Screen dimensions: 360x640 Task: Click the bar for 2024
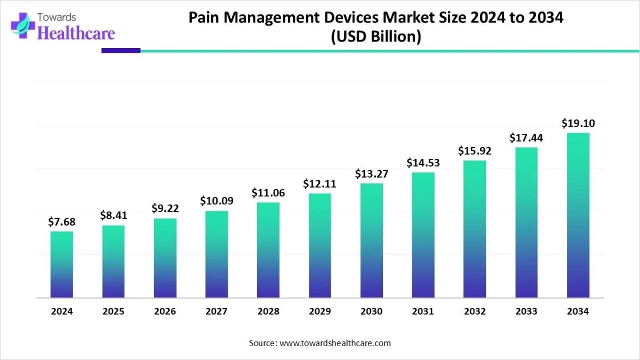click(62, 264)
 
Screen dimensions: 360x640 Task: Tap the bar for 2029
click(320, 245)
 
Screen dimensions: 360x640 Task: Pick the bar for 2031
click(423, 235)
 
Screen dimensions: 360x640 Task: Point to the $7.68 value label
click(62, 221)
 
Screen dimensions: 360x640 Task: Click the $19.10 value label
click(578, 123)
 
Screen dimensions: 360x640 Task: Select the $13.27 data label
click(372, 173)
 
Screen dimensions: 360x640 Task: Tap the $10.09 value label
click(217, 201)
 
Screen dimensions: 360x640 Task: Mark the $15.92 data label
click(475, 151)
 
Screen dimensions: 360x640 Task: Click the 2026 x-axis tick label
click(165, 311)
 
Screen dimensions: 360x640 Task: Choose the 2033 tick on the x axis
click(526, 311)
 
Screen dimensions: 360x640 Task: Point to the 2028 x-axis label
click(268, 311)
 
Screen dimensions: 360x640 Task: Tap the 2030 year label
click(372, 311)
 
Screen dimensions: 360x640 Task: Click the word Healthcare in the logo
click(77, 33)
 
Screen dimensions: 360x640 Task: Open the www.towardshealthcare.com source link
click(335, 343)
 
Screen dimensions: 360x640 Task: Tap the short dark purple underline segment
click(121, 51)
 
